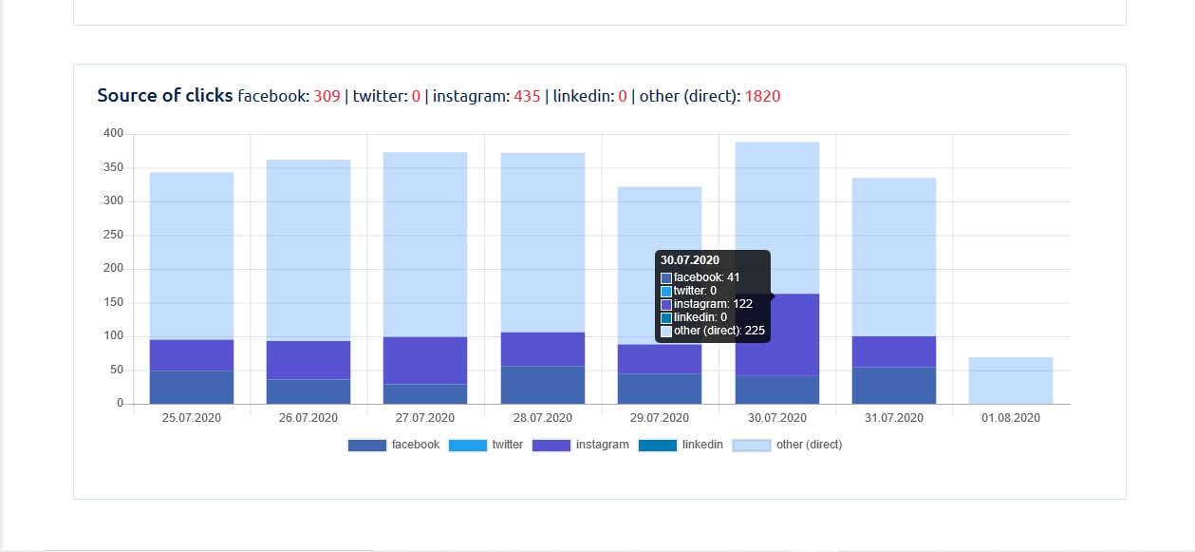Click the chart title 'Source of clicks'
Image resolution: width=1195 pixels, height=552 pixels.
point(164,96)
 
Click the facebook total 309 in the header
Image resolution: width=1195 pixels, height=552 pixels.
point(327,96)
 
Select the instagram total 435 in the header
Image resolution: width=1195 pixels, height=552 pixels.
point(527,96)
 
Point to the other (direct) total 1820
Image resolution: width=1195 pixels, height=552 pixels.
point(762,96)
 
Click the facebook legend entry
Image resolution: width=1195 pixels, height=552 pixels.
point(394,445)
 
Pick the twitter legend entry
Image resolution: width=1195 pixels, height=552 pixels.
point(488,445)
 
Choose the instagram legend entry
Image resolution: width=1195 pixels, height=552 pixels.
point(580,445)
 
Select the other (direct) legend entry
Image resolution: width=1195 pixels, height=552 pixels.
point(787,445)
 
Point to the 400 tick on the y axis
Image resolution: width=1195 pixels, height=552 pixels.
point(114,134)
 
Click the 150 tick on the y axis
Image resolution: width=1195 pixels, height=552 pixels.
point(114,303)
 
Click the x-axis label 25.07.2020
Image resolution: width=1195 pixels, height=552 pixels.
point(192,418)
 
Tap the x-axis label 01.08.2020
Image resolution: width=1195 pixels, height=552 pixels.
point(1011,418)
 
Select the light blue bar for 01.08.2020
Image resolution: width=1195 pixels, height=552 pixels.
point(1011,380)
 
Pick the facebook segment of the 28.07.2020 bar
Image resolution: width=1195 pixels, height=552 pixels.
point(543,385)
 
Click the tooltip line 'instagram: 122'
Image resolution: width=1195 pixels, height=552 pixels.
point(713,304)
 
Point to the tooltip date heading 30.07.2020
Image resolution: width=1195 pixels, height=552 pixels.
point(690,260)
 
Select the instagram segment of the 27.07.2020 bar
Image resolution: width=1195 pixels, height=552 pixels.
point(425,360)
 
